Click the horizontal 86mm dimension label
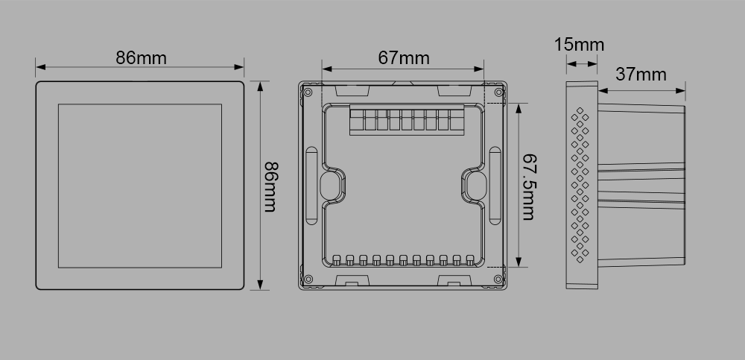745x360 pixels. click(141, 58)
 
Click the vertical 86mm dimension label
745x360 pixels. click(271, 187)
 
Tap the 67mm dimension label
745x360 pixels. click(404, 58)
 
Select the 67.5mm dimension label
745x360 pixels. click(528, 187)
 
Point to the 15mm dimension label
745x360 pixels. click(579, 45)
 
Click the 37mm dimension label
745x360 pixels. click(641, 75)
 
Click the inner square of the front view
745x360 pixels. click(140, 186)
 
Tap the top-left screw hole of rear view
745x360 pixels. click(308, 92)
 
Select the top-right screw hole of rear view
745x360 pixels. click(498, 92)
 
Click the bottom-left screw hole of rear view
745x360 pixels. click(308, 280)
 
